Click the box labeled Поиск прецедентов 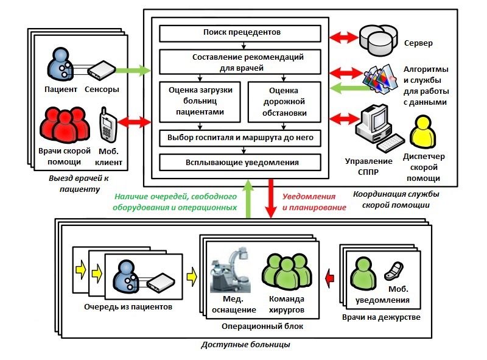coord(240,33)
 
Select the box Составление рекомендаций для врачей coord(240,62)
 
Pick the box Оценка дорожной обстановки coord(282,101)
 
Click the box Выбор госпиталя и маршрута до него coord(240,138)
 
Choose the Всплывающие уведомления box coord(240,163)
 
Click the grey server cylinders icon coord(377,38)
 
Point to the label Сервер coord(418,44)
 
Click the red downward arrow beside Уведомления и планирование coord(271,202)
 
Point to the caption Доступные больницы coord(245,345)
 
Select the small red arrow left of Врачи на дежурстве coord(330,278)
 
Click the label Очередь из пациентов coord(128,306)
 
